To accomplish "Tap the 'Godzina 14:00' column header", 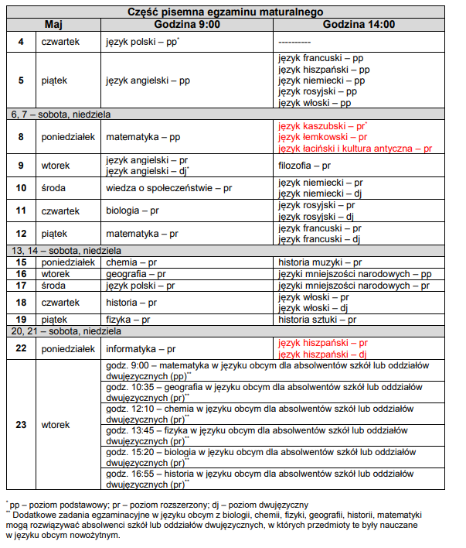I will [359, 25].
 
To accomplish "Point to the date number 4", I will [21, 40].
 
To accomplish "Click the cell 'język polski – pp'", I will [141, 40].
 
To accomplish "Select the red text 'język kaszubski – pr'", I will [321, 125].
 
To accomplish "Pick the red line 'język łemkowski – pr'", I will [322, 137].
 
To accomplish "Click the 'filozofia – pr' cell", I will [304, 166].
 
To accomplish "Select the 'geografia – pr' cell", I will [135, 274].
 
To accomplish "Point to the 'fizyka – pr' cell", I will [128, 319].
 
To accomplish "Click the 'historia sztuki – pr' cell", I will [317, 319].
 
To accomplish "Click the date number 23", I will [21, 424].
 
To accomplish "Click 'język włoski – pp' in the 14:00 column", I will [315, 103].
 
